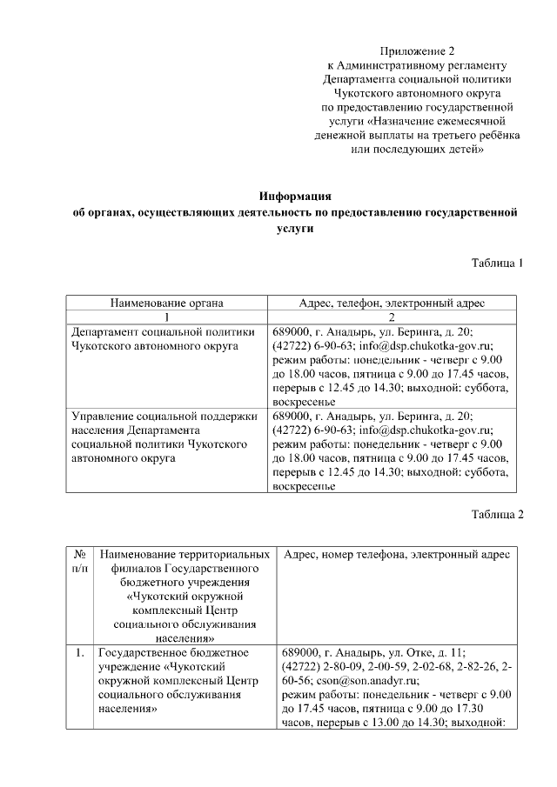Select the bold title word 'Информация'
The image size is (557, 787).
(x=296, y=196)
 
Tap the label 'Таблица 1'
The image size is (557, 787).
(x=497, y=263)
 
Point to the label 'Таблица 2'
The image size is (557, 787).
(x=497, y=514)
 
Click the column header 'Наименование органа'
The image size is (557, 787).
(x=166, y=303)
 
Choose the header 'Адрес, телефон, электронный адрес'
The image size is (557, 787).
(x=391, y=303)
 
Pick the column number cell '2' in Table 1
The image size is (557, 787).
(x=391, y=317)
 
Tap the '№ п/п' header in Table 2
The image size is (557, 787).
(x=79, y=560)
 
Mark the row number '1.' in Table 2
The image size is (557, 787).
(x=79, y=651)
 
